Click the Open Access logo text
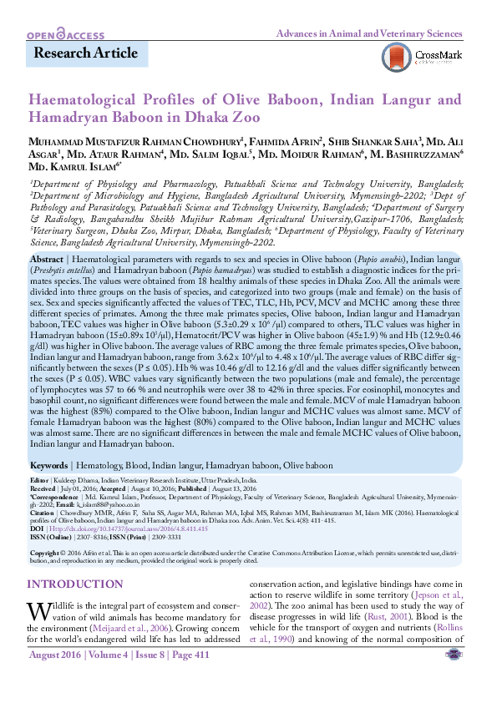click(66, 34)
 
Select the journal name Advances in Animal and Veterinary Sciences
click(369, 34)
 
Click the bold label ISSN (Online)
click(48, 538)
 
